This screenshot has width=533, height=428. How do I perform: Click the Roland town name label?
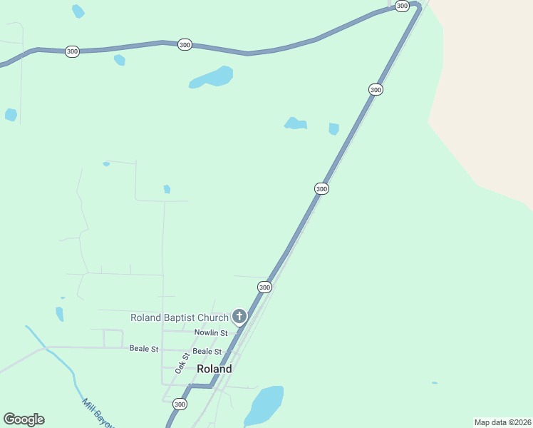point(214,370)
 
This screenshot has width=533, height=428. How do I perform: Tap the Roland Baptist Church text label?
point(179,317)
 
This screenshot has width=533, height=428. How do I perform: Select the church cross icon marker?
point(239,316)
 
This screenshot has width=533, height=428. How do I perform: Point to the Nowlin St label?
point(211,332)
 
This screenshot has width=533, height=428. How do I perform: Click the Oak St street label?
point(182,363)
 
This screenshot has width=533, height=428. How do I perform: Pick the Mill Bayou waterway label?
point(98,412)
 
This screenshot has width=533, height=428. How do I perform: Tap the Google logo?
point(24,419)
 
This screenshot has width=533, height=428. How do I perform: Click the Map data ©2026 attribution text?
point(502,422)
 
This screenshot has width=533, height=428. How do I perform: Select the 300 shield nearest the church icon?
point(264,287)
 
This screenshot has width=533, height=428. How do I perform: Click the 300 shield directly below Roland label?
point(180,404)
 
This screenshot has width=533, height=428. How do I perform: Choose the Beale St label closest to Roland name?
point(207,352)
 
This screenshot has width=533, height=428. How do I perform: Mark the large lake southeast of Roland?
point(264,404)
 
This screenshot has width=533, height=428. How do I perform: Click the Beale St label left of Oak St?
point(144,349)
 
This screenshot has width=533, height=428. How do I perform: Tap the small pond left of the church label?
point(60,314)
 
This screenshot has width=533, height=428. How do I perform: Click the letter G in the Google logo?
point(9,419)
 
